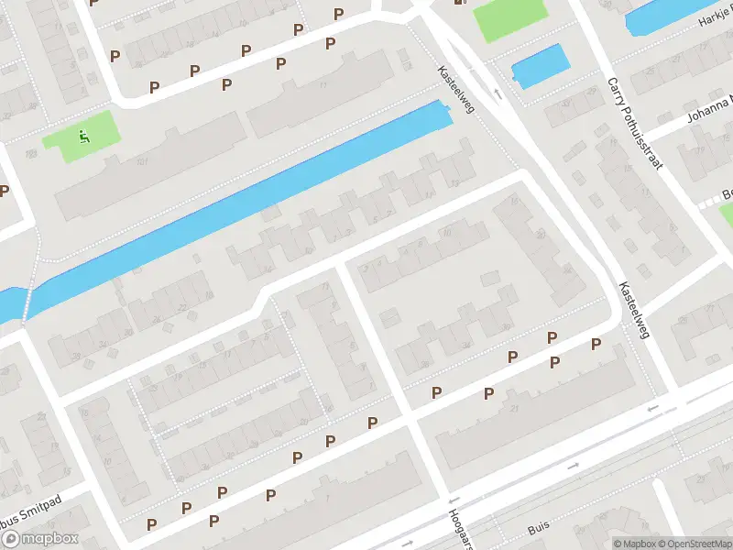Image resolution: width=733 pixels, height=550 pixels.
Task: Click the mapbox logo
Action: click(x=39, y=539)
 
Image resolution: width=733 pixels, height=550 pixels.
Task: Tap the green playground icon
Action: click(x=84, y=138)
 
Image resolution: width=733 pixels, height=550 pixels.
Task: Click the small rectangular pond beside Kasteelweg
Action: click(x=541, y=66)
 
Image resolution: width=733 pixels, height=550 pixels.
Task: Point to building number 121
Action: click(x=142, y=162)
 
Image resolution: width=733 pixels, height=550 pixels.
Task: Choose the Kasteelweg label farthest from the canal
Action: click(x=634, y=311)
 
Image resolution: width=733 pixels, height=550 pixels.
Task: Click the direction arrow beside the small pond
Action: click(x=498, y=92)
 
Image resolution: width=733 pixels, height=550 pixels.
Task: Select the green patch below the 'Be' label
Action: click(x=727, y=213)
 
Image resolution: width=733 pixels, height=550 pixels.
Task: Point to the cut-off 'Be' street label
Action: click(x=727, y=193)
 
